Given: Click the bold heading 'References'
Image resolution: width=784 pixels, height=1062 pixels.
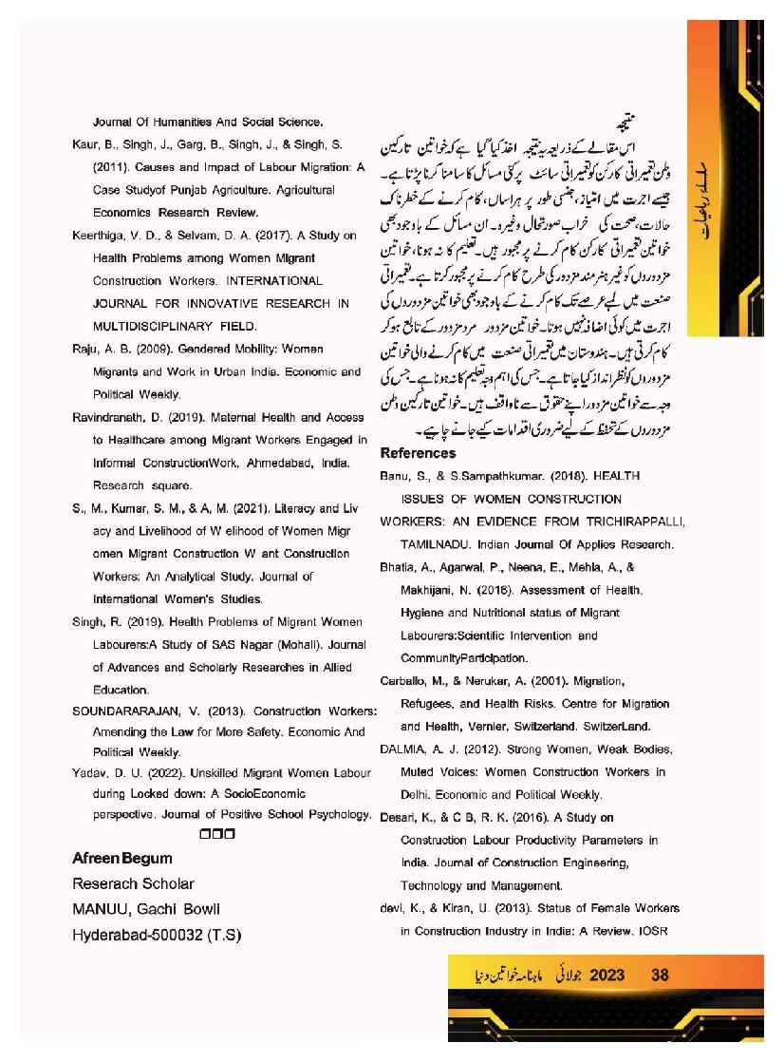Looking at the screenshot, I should pos(418,453).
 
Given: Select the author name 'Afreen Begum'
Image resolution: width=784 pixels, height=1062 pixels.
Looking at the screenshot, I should pos(122,858).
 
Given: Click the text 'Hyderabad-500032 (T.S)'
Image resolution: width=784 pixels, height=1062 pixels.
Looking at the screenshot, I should pos(157,935).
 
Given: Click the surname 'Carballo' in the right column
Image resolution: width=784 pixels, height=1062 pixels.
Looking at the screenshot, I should pos(404,681).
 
